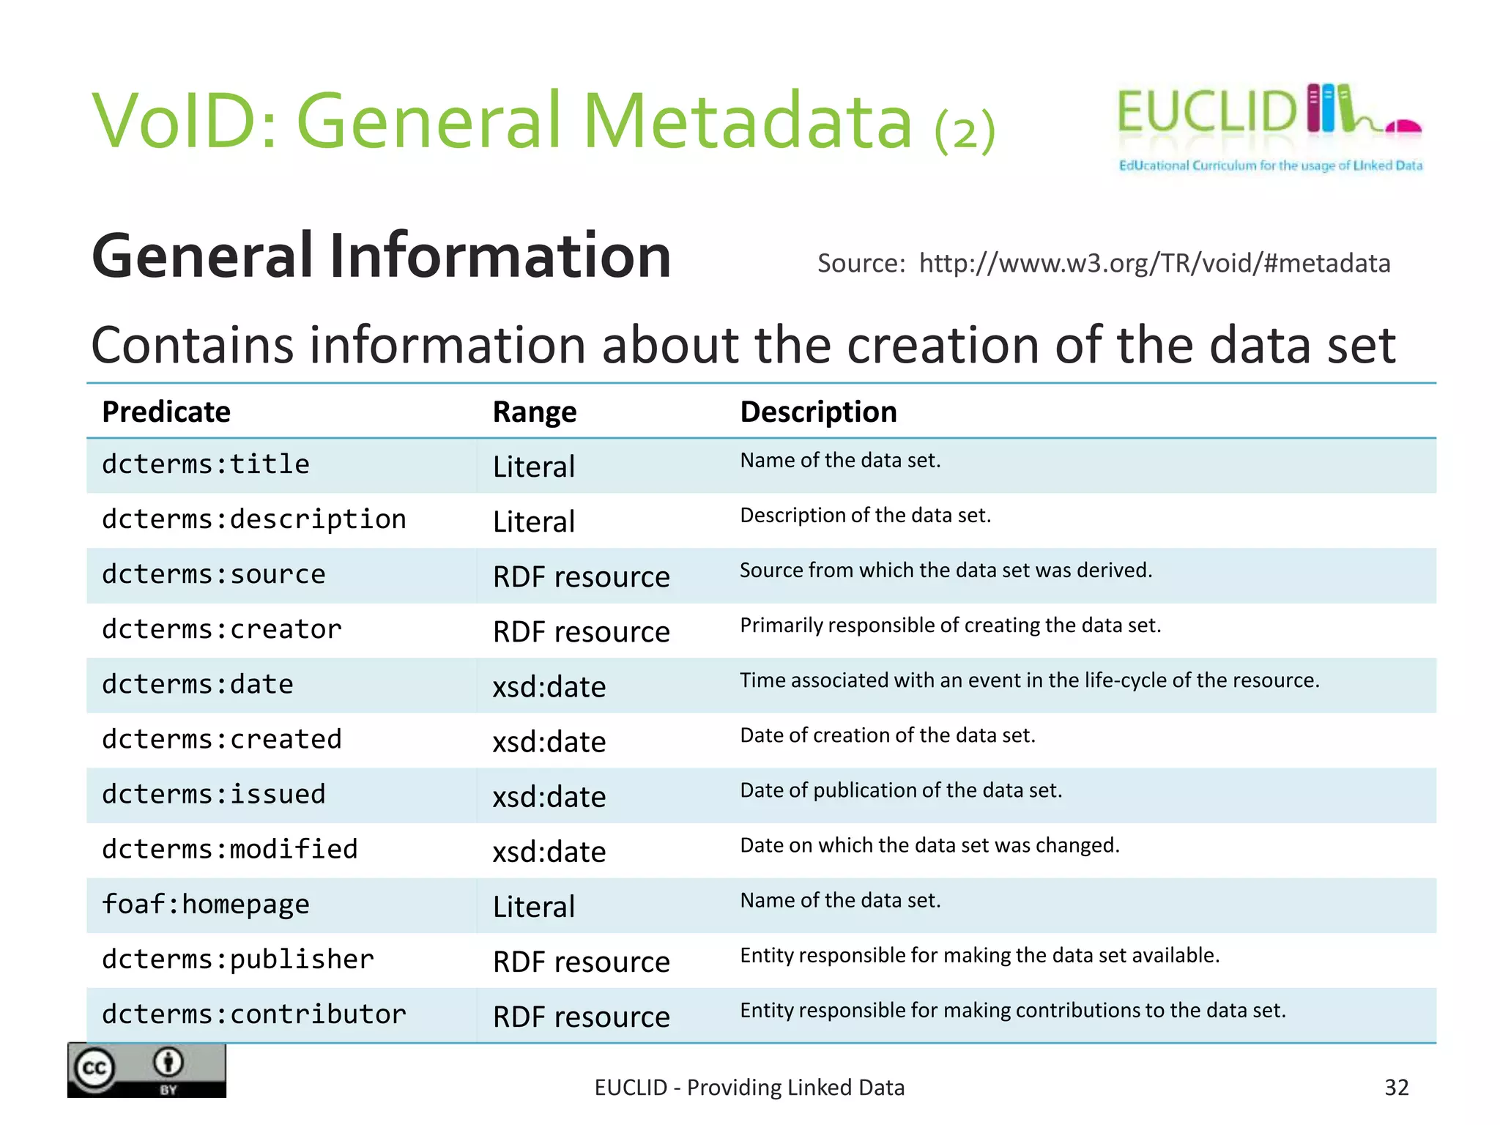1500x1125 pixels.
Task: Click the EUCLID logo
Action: (1269, 127)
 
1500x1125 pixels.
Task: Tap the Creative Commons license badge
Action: (146, 1070)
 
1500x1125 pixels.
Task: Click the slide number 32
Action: (1396, 1088)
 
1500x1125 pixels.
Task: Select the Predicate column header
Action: (166, 412)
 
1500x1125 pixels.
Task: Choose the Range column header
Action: (535, 412)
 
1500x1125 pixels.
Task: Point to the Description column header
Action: (818, 412)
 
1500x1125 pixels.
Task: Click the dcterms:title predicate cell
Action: (206, 464)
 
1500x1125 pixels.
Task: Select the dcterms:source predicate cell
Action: (214, 574)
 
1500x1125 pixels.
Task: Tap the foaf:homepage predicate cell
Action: (206, 905)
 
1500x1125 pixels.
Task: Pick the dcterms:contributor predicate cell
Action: (254, 1014)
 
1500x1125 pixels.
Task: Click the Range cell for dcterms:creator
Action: (582, 631)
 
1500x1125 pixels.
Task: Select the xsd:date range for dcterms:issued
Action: (549, 797)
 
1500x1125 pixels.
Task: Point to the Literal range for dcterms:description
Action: (534, 521)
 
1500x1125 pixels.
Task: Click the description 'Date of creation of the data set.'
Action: (888, 735)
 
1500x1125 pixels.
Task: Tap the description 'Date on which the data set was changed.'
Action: (930, 845)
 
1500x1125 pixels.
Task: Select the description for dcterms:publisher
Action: (980, 955)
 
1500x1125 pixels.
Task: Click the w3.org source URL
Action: (1154, 263)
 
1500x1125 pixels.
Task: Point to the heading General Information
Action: (382, 256)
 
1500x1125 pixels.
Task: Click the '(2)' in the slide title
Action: (965, 130)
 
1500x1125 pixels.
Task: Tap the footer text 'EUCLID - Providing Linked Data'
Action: (749, 1088)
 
